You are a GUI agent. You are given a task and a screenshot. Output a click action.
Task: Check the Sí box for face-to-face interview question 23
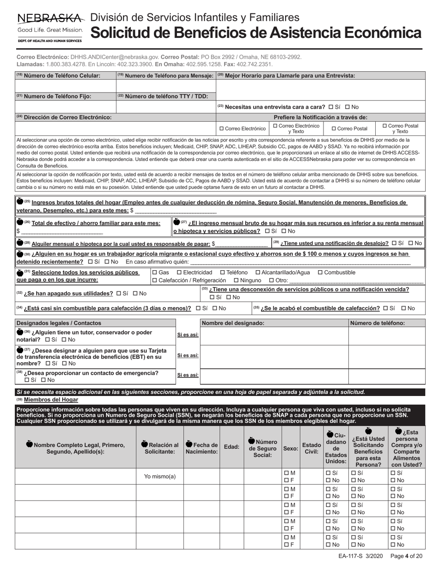(x=330, y=106)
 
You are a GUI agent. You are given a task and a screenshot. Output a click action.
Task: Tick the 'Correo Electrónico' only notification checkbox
(x=222, y=129)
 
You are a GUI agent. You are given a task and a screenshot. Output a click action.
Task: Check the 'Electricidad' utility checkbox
(x=180, y=272)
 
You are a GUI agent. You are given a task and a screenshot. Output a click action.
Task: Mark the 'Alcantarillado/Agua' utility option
(x=258, y=272)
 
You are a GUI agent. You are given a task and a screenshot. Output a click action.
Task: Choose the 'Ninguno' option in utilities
(x=236, y=280)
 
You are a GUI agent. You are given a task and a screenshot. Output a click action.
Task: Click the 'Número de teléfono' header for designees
(x=377, y=323)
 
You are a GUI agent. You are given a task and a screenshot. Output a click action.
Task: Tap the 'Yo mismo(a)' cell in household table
(x=160, y=476)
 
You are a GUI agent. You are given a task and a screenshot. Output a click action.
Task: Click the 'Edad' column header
(x=232, y=447)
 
